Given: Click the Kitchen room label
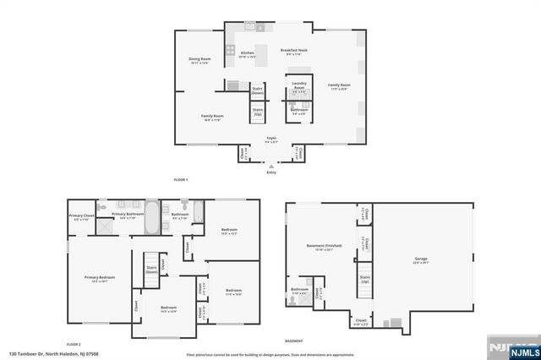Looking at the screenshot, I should [247, 54].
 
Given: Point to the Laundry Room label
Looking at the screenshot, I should [298, 85].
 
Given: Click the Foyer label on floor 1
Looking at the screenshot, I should [271, 139].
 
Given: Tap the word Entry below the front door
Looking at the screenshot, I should [271, 172].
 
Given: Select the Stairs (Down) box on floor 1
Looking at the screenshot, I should [258, 90].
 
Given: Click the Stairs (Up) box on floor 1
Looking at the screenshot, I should [258, 112].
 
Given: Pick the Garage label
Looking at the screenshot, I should [421, 259].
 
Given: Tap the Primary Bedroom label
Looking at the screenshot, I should [99, 279].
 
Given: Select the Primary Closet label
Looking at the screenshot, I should [79, 217].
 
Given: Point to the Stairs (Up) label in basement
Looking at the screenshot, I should [365, 278].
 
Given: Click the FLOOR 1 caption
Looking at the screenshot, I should [180, 180].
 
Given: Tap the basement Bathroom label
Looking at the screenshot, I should [300, 292].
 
